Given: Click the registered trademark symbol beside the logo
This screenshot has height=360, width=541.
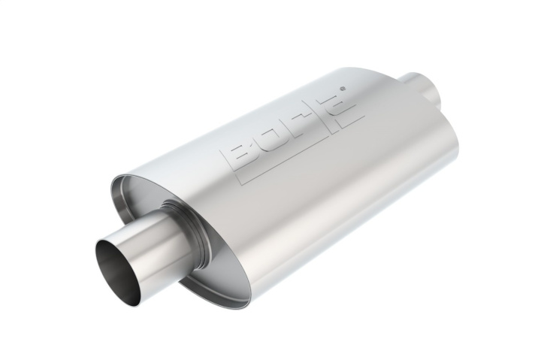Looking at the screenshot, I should (x=343, y=89).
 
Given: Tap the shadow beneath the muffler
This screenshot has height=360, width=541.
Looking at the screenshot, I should (x=301, y=286).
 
